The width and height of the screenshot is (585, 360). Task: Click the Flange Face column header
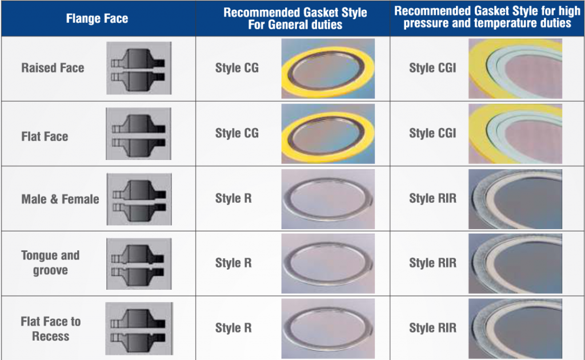97,18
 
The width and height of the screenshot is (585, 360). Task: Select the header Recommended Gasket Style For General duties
295,18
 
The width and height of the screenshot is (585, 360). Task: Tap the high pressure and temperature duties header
487,17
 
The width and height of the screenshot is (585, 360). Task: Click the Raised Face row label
53,68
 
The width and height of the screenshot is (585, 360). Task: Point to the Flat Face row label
45,137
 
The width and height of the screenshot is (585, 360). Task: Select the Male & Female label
60,199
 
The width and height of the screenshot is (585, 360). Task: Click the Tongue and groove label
50,263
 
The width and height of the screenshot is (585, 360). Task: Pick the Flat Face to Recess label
51,329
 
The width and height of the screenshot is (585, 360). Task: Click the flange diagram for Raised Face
139,68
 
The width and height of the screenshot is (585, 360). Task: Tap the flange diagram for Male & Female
139,199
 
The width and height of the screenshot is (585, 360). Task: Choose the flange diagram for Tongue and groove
139,264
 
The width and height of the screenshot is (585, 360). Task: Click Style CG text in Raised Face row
237,68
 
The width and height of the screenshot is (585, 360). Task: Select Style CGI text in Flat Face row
432,133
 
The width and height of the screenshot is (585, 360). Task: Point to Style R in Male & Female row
233,198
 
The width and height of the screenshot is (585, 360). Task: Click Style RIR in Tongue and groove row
433,263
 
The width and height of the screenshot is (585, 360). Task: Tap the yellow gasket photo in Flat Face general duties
328,134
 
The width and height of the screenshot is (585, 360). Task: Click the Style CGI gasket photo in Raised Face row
515,69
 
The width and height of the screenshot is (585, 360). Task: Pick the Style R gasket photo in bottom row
328,329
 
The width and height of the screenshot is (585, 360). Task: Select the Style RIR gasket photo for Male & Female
515,199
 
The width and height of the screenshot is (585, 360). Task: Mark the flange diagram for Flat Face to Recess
139,329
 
